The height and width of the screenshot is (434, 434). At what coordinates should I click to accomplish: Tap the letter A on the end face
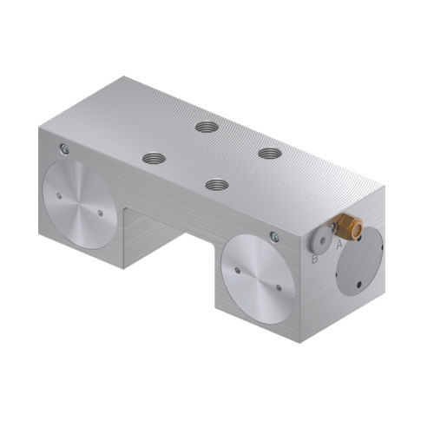339,246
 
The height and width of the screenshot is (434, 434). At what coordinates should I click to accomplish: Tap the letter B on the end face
314,258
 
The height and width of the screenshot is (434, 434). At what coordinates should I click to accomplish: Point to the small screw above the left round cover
63,149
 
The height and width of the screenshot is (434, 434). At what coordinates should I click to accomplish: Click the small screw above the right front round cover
274,236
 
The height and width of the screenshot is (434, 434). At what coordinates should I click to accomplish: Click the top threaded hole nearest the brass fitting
269,153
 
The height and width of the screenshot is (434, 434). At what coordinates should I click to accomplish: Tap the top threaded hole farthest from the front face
207,127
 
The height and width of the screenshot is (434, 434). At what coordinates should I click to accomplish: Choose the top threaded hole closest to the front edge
216,184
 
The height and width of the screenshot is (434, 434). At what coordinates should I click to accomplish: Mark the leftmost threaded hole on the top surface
154,158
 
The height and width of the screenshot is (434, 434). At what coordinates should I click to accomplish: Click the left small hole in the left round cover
58,195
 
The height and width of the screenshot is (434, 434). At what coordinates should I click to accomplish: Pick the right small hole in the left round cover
101,212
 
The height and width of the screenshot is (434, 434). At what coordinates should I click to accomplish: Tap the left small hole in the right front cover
236,270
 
